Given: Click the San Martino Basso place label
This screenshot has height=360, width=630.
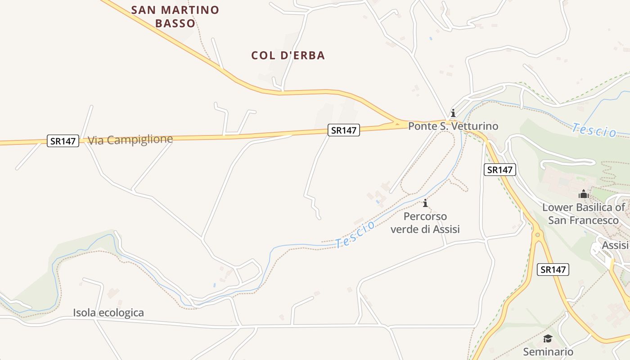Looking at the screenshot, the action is click(x=175, y=16).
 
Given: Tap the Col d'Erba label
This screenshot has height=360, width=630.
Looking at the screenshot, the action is click(x=288, y=55).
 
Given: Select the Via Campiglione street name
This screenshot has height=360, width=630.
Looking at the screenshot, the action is click(x=130, y=139).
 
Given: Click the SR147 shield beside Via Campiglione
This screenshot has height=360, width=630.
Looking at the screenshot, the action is click(x=63, y=141).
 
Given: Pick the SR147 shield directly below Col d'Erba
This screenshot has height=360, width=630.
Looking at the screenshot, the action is click(x=343, y=130).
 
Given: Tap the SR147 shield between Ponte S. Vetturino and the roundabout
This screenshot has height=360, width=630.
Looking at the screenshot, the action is click(x=500, y=170).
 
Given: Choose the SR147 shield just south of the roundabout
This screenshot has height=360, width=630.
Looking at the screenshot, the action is click(x=553, y=270).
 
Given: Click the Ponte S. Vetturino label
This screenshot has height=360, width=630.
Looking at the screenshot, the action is click(x=453, y=126).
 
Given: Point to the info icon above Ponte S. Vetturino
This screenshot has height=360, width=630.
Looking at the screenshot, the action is click(x=453, y=113).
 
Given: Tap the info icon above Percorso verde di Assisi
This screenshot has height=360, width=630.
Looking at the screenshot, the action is click(x=425, y=203).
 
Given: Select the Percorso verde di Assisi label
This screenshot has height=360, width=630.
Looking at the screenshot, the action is click(x=425, y=223).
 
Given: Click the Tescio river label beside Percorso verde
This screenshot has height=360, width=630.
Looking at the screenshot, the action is click(x=355, y=234).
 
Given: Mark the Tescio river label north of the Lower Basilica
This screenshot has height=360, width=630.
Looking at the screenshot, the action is click(x=594, y=130).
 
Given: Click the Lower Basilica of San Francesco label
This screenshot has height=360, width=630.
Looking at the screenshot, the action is click(x=584, y=214).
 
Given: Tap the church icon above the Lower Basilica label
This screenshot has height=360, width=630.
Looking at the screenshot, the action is click(x=584, y=194).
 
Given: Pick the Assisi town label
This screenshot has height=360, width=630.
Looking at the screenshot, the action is click(x=615, y=245).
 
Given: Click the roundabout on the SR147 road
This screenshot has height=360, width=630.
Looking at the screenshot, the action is click(x=537, y=234).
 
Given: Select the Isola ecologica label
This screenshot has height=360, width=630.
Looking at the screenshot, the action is click(x=108, y=313).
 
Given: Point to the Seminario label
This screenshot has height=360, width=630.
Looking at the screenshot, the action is click(x=548, y=351).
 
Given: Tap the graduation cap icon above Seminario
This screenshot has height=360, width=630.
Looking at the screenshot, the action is click(x=548, y=338).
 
